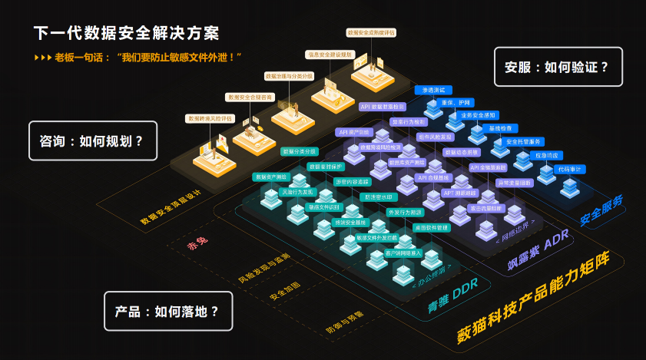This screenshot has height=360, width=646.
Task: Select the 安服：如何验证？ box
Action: click(x=558, y=67)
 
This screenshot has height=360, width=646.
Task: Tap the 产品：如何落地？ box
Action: click(x=167, y=311)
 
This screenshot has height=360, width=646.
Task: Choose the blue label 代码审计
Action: click(x=570, y=168)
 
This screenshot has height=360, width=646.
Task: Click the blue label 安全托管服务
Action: click(x=524, y=142)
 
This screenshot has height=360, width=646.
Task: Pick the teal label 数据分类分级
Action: click(x=300, y=151)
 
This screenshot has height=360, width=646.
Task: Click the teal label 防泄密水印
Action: click(x=379, y=197)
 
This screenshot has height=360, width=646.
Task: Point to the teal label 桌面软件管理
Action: click(x=431, y=227)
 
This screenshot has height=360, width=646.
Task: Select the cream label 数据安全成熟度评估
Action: click(x=371, y=33)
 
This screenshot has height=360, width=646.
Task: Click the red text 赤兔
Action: click(x=198, y=244)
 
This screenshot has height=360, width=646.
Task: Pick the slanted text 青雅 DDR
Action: click(x=453, y=299)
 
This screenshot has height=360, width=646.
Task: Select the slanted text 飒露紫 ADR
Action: click(x=538, y=254)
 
